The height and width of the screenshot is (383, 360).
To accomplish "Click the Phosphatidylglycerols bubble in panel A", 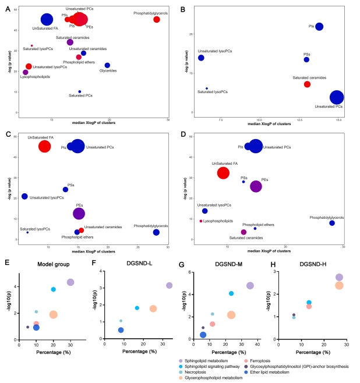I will pos(157,19).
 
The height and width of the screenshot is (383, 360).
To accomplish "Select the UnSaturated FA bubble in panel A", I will pos(47,20).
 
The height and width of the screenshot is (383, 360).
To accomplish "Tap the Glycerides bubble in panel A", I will pos(107,65).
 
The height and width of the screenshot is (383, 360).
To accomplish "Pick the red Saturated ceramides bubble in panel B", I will pos(307,84).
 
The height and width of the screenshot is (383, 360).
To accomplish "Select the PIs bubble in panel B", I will pos(319,27).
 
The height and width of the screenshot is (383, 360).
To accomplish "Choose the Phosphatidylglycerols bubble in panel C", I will pos(156,232).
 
